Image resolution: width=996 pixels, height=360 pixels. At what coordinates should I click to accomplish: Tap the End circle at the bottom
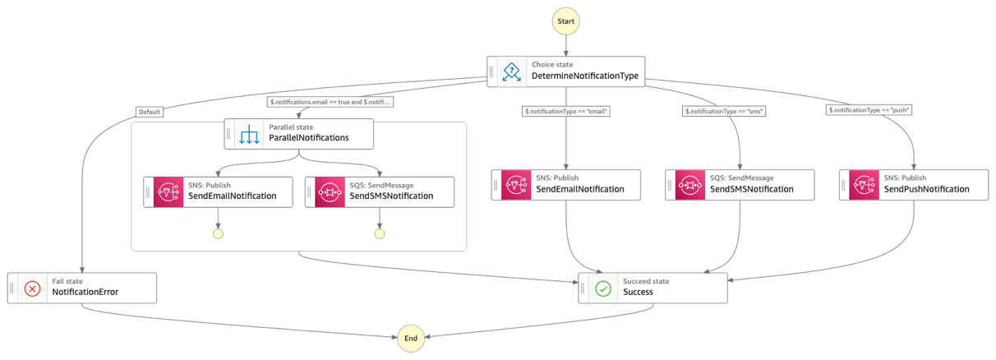(x=411, y=338)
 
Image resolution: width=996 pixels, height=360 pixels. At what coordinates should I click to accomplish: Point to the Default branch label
(x=149, y=111)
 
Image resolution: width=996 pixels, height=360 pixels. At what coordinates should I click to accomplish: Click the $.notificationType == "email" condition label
(x=566, y=111)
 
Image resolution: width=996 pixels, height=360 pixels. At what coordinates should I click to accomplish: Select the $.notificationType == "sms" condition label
(x=724, y=111)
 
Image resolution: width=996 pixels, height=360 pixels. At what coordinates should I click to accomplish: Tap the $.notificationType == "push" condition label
(x=869, y=111)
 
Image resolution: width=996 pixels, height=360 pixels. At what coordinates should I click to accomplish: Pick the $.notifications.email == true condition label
(x=330, y=102)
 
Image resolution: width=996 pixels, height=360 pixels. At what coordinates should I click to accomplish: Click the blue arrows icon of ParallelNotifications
(x=248, y=134)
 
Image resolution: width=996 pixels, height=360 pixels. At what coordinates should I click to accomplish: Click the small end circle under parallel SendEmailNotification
(x=218, y=233)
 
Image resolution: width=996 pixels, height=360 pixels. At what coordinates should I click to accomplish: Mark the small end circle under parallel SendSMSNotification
(x=379, y=233)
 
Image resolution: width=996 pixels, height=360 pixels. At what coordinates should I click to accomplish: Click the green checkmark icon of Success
(x=603, y=288)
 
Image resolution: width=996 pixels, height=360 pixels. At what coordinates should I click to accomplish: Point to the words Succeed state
(x=646, y=281)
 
